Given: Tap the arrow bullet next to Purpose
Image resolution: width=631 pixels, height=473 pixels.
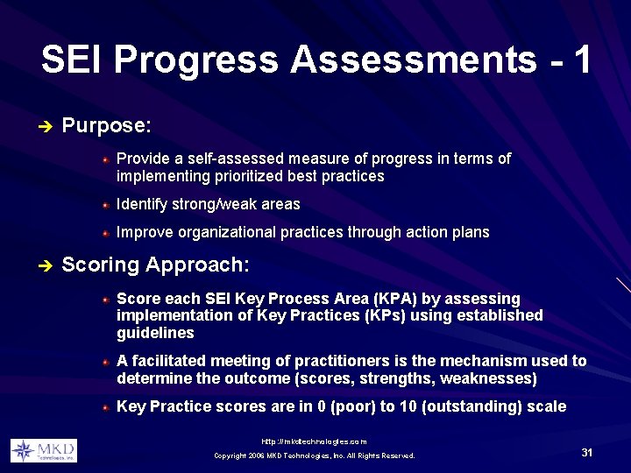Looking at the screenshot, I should tap(46, 126).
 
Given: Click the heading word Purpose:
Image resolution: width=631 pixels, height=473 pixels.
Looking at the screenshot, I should tap(107, 126).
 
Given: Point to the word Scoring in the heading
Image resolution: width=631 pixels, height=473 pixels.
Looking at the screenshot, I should tap(100, 265).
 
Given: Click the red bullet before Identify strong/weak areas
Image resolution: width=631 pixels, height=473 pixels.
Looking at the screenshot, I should tap(105, 205).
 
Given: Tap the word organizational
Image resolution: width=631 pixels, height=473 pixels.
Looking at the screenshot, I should tap(227, 232).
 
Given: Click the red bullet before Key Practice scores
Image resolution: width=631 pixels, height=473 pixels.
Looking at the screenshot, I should tap(105, 407).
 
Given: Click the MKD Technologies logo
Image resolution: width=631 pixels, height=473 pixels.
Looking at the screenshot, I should tap(44, 451).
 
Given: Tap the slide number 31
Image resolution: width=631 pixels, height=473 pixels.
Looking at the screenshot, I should tap(587, 452).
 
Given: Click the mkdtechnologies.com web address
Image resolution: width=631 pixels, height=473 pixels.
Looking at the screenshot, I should tap(315, 441).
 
